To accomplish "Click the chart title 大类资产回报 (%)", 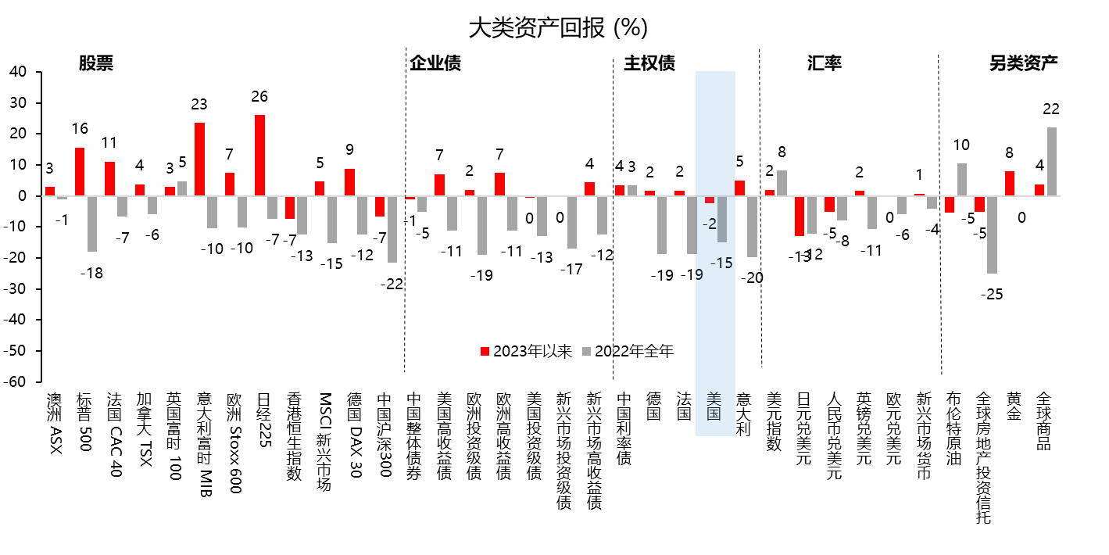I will point(557,28).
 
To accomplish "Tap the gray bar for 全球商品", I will point(1051,161).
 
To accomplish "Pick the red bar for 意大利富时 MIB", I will point(199,159).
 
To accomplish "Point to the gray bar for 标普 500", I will point(91,224).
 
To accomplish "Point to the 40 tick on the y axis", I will point(18,72).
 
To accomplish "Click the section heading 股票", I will point(95,63).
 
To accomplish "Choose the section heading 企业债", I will point(435,63).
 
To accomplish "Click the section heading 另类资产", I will point(1023,63).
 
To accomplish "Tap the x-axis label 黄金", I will point(1013,406).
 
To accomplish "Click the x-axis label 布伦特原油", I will point(953,429).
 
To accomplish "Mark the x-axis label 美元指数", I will point(774,421).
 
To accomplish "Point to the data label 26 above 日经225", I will point(259,97).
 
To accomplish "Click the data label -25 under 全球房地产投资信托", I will point(993,295).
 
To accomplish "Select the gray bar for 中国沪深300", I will point(392,229).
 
